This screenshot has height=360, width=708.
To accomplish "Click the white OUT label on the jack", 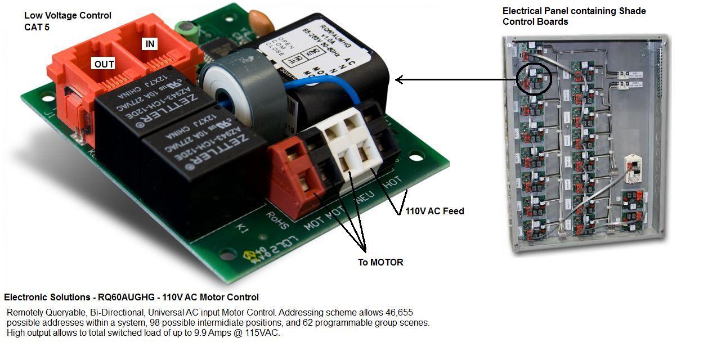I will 104,64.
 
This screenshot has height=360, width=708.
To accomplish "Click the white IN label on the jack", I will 150,44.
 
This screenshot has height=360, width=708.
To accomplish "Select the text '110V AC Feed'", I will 434,211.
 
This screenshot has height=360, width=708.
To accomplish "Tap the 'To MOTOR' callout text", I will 380,262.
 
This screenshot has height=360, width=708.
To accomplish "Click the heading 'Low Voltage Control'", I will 68,16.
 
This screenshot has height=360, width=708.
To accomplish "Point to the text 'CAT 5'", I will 37,26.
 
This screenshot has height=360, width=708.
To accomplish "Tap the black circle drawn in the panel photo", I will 534,78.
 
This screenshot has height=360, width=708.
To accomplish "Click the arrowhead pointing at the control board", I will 399,80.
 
